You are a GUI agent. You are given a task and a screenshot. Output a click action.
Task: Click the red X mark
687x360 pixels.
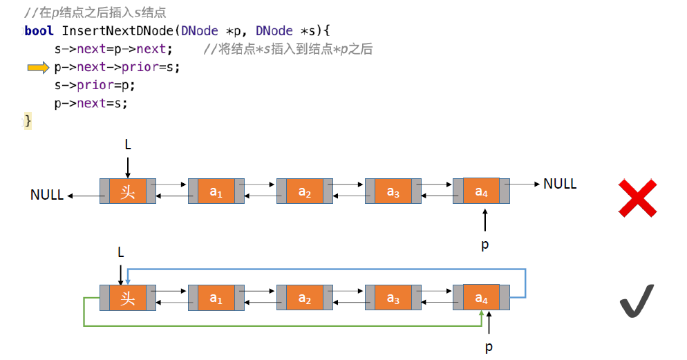637,198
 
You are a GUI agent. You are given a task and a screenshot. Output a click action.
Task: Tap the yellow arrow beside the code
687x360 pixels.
39,68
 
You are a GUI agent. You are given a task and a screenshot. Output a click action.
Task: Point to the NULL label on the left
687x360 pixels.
47,195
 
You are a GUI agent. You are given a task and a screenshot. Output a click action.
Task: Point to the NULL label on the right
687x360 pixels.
560,184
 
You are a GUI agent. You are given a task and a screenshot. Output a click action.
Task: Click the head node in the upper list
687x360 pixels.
128,191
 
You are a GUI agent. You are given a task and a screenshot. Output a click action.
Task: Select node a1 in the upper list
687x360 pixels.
216,191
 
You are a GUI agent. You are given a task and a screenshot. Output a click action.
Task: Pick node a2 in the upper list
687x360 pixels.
305,191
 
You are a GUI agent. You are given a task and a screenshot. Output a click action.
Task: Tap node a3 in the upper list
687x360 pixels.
393,191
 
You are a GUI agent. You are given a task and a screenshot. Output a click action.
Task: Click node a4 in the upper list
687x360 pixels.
482,191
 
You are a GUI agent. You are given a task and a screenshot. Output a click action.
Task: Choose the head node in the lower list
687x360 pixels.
128,298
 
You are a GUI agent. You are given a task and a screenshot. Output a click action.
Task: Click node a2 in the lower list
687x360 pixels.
305,298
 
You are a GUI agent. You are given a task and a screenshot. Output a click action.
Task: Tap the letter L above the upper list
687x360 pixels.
128,144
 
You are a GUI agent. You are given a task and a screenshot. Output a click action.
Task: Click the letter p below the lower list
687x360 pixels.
489,347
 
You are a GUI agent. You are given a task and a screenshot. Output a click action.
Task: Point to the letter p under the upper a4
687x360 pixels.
484,244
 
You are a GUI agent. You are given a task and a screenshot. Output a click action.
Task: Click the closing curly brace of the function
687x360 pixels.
28,121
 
